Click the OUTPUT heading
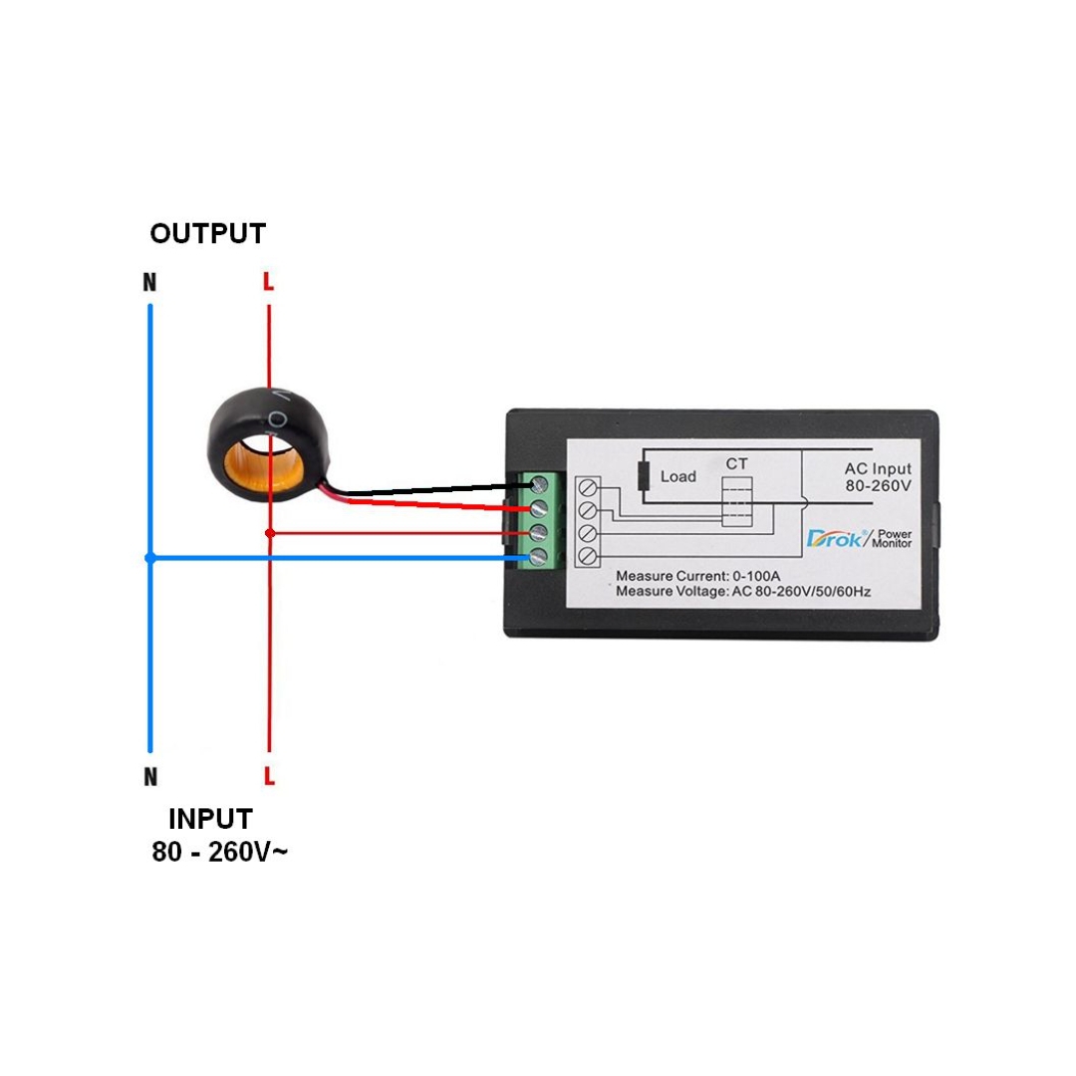click(208, 233)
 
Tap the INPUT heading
click(210, 819)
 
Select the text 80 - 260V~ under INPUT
click(219, 852)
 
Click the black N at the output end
click(149, 282)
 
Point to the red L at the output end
click(268, 281)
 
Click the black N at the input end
click(150, 777)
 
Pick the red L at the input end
click(269, 776)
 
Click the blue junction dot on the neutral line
click(150, 558)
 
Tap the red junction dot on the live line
click(270, 532)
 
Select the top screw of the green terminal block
click(539, 485)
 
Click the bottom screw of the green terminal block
click(539, 556)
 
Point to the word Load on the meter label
click(678, 476)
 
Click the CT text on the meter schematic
click(736, 464)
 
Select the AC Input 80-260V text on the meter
click(878, 477)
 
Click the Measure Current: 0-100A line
click(697, 576)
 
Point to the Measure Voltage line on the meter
click(743, 591)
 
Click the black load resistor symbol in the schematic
click(643, 476)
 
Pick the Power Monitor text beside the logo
click(892, 538)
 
